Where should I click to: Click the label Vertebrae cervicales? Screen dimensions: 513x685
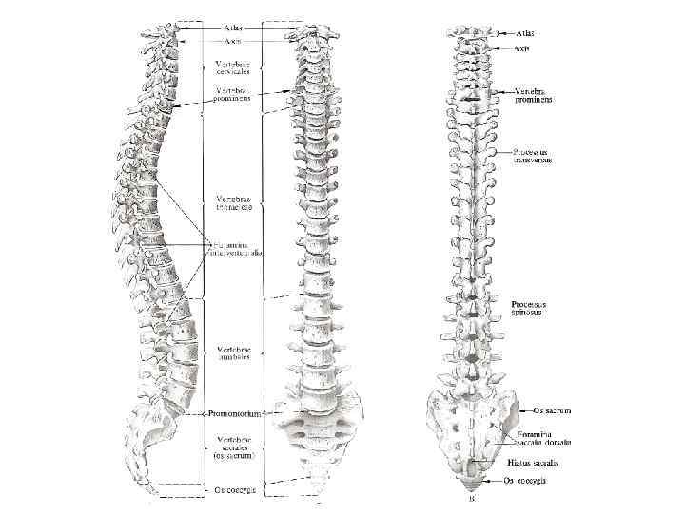(233, 69)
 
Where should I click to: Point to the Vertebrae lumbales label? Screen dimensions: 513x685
(233, 352)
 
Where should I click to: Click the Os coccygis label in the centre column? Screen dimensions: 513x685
(233, 490)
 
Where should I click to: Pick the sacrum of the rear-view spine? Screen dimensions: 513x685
(472, 423)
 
